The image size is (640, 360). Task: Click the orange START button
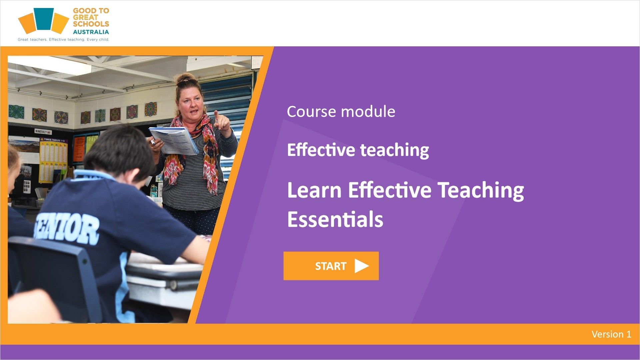331,266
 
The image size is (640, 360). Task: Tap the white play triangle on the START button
362,266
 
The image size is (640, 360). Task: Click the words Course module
341,112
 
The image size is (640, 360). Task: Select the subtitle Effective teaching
358,150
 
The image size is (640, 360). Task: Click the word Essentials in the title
335,219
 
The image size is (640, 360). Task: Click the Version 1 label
611,334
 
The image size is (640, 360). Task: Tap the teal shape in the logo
44,19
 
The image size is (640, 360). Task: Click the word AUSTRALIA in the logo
91,32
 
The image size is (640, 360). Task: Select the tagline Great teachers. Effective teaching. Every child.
63,39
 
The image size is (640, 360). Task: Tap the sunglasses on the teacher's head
186,82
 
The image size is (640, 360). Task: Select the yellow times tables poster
53,160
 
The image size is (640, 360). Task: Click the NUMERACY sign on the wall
41,132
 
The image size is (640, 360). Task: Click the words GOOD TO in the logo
91,11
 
